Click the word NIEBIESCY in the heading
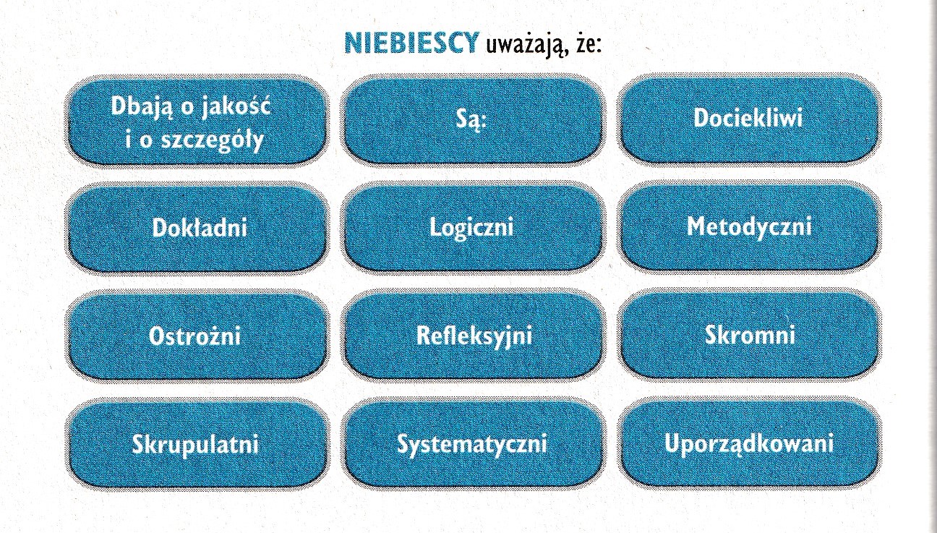pyautogui.click(x=411, y=43)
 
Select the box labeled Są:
pyautogui.click(x=472, y=119)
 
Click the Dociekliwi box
pyautogui.click(x=749, y=119)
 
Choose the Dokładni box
pyautogui.click(x=197, y=228)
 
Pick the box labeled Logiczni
pyautogui.click(x=472, y=228)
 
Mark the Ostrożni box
pyautogui.click(x=197, y=336)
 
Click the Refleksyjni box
pyautogui.click(x=472, y=336)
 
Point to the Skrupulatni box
pyautogui.click(x=197, y=445)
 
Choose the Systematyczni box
pyautogui.click(x=472, y=444)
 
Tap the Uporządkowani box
pyautogui.click(x=749, y=443)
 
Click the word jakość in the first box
pyautogui.click(x=236, y=108)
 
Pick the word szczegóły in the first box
pyautogui.click(x=213, y=140)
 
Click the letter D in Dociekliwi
pyautogui.click(x=702, y=118)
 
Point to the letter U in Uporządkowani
pyautogui.click(x=672, y=443)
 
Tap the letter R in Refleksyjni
pyautogui.click(x=424, y=335)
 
